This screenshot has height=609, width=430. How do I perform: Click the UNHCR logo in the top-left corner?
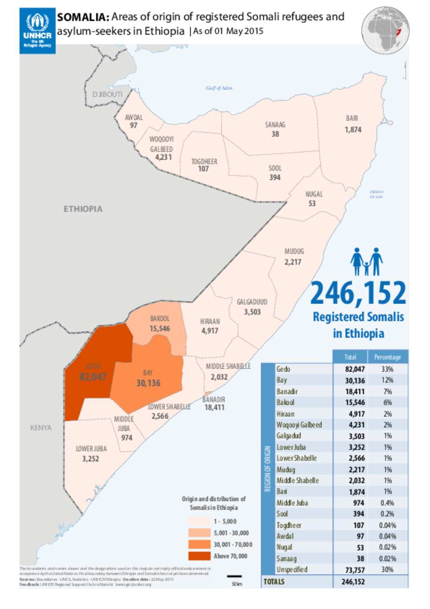tap(37, 31)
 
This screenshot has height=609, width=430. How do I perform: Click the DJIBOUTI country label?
tap(107, 95)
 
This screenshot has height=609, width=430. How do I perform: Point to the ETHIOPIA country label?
tap(83, 209)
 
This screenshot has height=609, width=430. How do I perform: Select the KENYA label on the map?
tap(41, 428)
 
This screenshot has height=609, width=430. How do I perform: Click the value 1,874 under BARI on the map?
tap(353, 130)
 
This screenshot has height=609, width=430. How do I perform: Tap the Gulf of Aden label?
tap(219, 88)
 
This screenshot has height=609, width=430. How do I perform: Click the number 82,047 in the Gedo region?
tap(93, 377)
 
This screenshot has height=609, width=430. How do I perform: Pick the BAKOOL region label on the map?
tap(160, 319)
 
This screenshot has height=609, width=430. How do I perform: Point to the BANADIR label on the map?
tap(214, 399)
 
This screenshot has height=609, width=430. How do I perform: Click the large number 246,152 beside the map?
tap(358, 293)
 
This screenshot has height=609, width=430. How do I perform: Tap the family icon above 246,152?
tap(366, 261)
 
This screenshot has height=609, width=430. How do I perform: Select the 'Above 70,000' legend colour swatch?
tap(199, 556)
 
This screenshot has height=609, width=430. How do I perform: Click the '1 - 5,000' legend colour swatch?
tap(199, 522)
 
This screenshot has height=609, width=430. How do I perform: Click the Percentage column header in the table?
tap(387, 357)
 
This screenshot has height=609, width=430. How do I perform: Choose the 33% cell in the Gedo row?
tap(387, 369)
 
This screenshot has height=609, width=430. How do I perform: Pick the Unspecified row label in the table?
tap(292, 569)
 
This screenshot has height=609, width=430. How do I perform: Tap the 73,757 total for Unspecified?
tap(355, 570)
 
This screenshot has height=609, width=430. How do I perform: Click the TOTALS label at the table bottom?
tap(274, 582)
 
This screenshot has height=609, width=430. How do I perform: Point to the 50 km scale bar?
tap(234, 577)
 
